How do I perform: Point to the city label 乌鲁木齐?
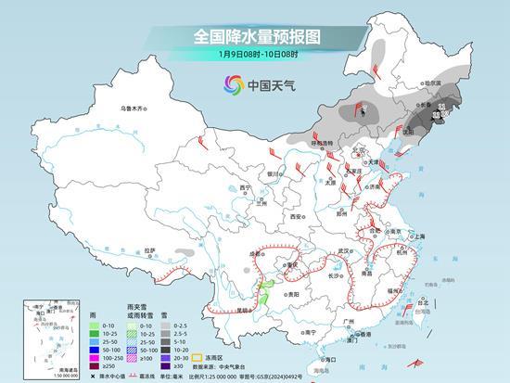coord(134,109)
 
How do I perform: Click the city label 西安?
coord(295,216)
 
